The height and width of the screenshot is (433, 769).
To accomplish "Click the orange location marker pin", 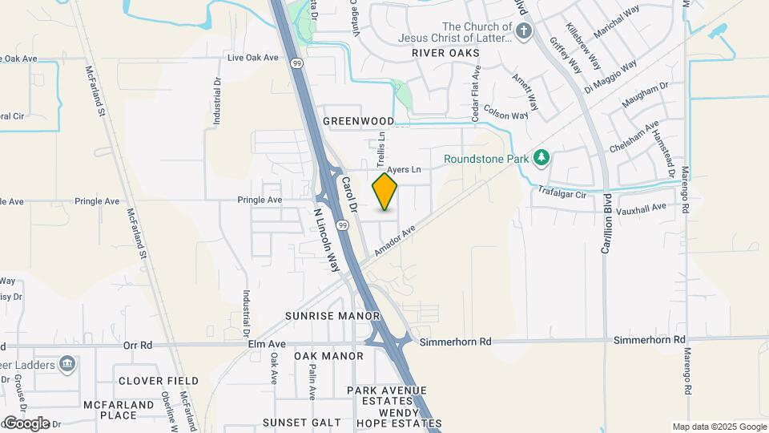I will click(385, 192).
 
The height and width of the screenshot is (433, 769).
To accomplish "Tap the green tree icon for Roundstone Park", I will click(542, 157).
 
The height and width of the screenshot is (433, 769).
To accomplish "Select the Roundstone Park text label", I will click(486, 159).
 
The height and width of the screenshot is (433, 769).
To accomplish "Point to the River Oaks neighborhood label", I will click(445, 53).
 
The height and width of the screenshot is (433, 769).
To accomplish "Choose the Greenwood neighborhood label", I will click(358, 121).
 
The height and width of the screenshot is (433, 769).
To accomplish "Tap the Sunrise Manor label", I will click(332, 316).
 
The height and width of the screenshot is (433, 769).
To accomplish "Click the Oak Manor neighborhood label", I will click(328, 356).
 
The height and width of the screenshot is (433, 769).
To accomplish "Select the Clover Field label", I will click(158, 381).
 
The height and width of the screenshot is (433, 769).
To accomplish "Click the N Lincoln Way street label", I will click(327, 238).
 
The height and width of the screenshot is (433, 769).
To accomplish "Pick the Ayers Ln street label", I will click(404, 170).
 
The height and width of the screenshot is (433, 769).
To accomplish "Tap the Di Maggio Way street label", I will click(610, 76).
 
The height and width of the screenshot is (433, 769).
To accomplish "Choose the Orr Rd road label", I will click(138, 346).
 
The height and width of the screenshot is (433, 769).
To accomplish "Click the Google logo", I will click(26, 423).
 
